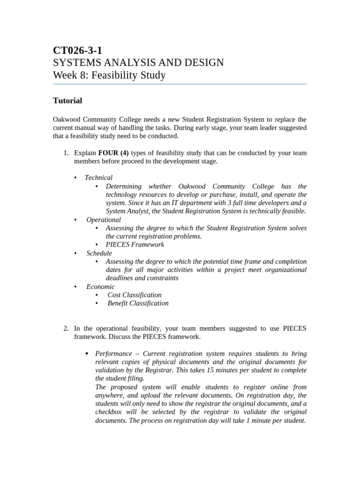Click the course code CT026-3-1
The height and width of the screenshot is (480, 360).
77,51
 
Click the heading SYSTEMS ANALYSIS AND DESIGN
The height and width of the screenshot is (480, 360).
138,63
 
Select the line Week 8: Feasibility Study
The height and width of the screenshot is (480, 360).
109,75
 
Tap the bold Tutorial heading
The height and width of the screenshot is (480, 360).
67,100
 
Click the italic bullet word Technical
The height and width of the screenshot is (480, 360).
98,178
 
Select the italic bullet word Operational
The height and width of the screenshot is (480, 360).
104,220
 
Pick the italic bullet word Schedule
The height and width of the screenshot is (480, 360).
99,253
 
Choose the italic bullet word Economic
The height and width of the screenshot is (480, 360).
100,286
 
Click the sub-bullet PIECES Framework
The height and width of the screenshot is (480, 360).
135,245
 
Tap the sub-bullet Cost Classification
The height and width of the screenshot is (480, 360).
135,295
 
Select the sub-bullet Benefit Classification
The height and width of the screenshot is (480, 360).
138,303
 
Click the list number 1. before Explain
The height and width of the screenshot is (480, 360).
66,153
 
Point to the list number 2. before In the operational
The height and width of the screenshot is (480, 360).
66,329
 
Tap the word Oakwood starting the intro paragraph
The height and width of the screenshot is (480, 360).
67,120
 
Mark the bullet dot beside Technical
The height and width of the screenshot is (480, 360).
75,178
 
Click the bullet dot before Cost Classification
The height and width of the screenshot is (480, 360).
97,295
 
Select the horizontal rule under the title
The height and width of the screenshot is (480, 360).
180,84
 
